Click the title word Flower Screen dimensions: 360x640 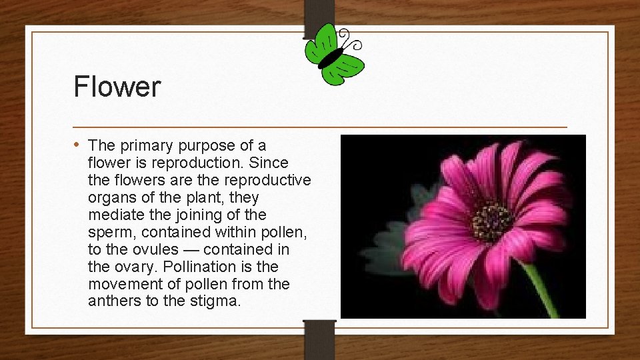tap(117, 87)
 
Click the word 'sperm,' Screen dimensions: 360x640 tap(111, 232)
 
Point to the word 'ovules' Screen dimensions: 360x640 tap(155, 249)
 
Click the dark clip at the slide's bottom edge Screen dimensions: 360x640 tap(319, 337)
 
